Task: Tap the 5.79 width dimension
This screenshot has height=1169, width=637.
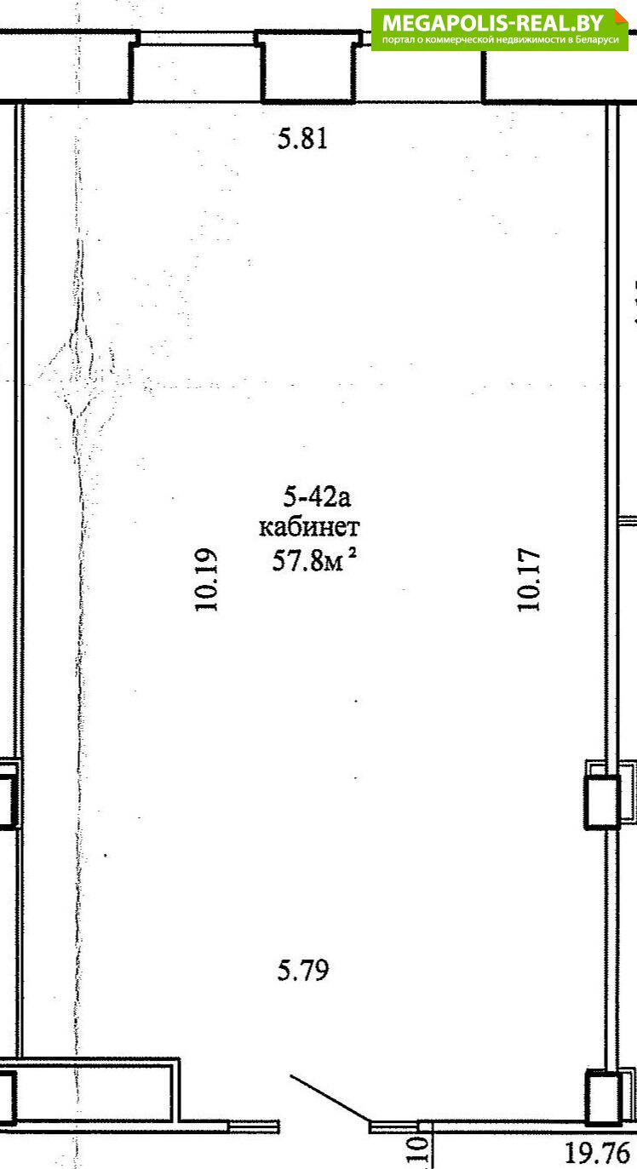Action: (303, 970)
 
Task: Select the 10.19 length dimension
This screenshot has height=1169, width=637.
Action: (206, 579)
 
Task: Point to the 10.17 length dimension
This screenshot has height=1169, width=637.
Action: (529, 580)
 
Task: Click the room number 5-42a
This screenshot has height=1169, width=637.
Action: (317, 496)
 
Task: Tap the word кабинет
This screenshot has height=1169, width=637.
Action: (309, 527)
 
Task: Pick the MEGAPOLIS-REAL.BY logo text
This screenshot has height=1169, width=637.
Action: (493, 24)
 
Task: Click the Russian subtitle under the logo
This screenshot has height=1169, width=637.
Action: (500, 40)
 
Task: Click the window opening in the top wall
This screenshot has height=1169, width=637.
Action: (198, 37)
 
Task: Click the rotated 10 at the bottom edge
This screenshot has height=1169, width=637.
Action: (421, 1153)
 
